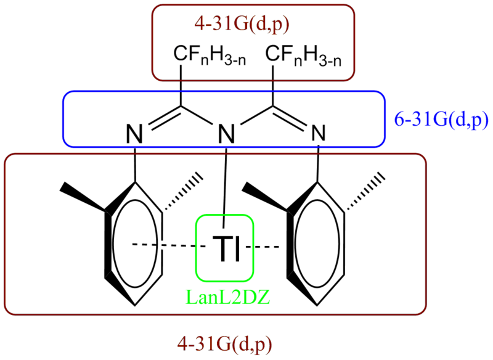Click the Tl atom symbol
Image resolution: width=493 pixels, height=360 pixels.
[x=226, y=248]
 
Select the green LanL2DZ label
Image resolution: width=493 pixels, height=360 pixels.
[x=228, y=297]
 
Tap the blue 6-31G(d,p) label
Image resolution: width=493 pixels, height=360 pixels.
[x=441, y=120]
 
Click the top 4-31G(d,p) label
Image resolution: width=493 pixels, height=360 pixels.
[x=242, y=25]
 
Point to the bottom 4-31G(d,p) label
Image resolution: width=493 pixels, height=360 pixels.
[x=224, y=345]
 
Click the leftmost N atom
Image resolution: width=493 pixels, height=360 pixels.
[x=134, y=134]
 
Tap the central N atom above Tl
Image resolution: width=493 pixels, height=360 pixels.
[x=227, y=134]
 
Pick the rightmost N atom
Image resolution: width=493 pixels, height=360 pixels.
[x=319, y=133]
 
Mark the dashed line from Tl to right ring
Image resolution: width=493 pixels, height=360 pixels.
[x=263, y=247]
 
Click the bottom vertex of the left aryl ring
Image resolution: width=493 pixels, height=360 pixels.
[x=135, y=305]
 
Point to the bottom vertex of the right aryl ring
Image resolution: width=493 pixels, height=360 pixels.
[x=317, y=305]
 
